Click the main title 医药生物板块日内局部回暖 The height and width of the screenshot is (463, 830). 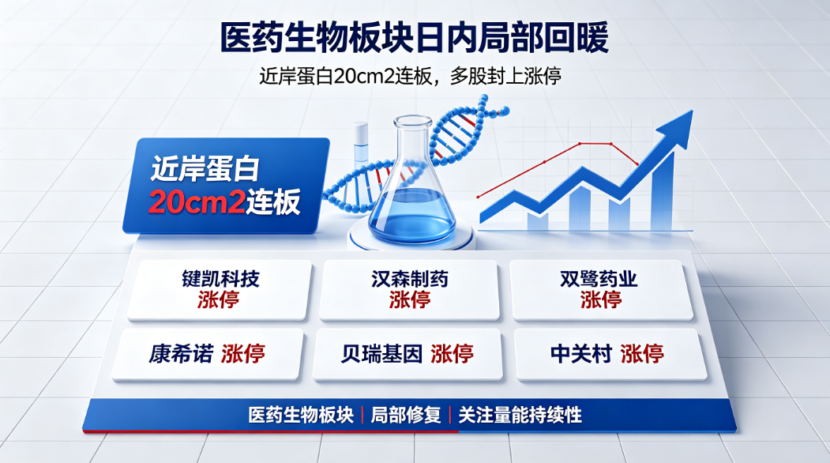[415, 37]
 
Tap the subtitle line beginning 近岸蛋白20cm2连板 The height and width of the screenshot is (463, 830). [410, 77]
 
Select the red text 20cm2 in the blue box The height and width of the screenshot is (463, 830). [197, 201]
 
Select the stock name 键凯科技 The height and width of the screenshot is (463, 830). [221, 279]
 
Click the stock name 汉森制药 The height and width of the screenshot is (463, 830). [410, 279]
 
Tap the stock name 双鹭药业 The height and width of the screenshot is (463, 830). [599, 279]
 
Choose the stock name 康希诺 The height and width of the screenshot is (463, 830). [181, 353]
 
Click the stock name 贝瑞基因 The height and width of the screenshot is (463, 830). [381, 353]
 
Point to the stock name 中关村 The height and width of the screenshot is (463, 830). [581, 353]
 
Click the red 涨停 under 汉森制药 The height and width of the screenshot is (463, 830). [410, 299]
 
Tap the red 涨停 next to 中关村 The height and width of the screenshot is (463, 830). [642, 353]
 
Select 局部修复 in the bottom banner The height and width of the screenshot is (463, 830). [406, 415]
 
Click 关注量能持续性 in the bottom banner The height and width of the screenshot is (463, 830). [520, 415]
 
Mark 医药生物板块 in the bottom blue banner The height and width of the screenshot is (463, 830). [301, 415]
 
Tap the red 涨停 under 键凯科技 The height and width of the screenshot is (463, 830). [218, 299]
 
